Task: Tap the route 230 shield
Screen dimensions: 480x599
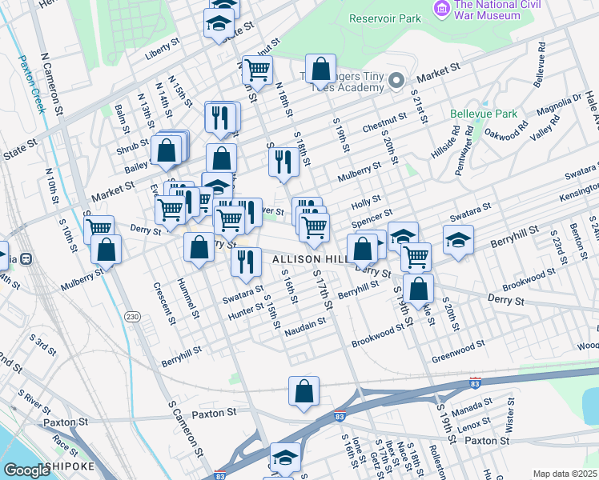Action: pyautogui.click(x=132, y=318)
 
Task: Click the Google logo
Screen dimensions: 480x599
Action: pyautogui.click(x=26, y=470)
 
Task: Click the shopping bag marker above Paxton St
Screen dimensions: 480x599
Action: pyautogui.click(x=304, y=392)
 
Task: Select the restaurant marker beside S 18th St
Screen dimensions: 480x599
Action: pyautogui.click(x=283, y=162)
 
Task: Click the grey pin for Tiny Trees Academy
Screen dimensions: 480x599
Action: pyautogui.click(x=396, y=81)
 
